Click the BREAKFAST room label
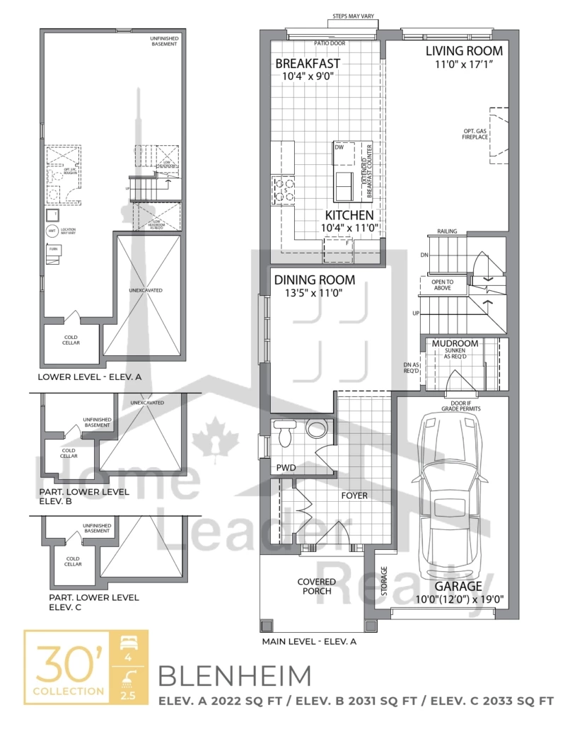pos(308,63)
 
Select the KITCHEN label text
pos(349,215)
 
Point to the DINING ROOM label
pos(315,280)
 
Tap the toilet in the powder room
pos(285,432)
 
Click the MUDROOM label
pos(455,344)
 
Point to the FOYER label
pos(354,495)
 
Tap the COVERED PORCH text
pos(316,587)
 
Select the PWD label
pos(286,468)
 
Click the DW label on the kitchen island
pos(339,147)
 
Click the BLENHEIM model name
pos(234,676)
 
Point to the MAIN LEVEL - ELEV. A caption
pos(309,642)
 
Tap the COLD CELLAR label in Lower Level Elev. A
pos(71,340)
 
